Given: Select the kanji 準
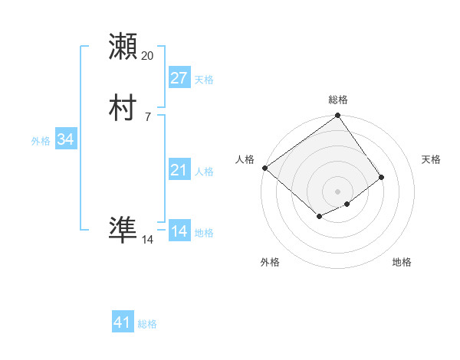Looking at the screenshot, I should click(x=123, y=229).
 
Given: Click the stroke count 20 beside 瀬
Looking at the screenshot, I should click(x=147, y=56).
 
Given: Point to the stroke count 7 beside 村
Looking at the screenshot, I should click(x=147, y=116).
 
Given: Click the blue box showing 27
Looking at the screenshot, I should click(x=179, y=78).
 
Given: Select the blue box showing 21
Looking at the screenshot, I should click(x=179, y=170).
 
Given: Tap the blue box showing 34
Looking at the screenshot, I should click(x=66, y=139).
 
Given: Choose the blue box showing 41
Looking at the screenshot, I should click(x=123, y=322).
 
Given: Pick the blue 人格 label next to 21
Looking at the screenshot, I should click(x=205, y=172).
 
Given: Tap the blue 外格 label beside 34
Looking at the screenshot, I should click(x=41, y=141).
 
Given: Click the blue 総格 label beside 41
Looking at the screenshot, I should click(x=147, y=324).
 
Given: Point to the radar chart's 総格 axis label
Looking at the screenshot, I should click(x=338, y=100).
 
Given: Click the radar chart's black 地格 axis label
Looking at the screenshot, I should click(x=402, y=262).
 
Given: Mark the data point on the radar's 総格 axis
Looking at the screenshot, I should click(x=338, y=116).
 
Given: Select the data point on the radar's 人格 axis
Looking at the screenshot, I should click(x=264, y=168).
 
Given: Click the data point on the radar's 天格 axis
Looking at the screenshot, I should click(x=381, y=177).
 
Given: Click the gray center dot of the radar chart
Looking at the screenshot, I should click(x=338, y=191).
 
